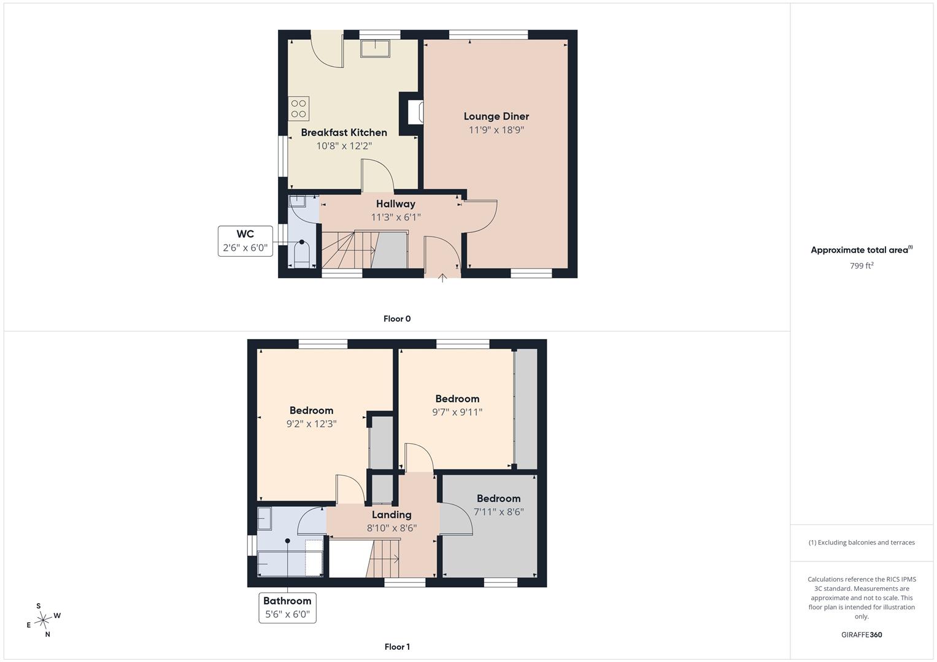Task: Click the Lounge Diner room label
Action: click(x=496, y=116)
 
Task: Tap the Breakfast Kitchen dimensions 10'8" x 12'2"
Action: click(x=344, y=146)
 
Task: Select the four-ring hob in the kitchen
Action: click(x=298, y=108)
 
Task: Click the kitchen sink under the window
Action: click(x=375, y=48)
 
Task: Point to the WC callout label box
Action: click(x=245, y=241)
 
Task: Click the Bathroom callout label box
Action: click(x=287, y=607)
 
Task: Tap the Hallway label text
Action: click(x=396, y=204)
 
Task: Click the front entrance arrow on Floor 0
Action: click(x=442, y=278)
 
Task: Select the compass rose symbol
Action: click(x=43, y=620)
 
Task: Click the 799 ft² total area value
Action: click(x=862, y=266)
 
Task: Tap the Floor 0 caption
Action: click(x=397, y=319)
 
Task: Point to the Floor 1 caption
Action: click(x=397, y=647)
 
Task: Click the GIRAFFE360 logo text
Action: click(x=862, y=634)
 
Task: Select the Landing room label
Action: click(x=391, y=514)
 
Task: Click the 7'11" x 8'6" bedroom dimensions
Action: click(x=499, y=512)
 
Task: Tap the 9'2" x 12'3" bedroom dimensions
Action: click(x=311, y=424)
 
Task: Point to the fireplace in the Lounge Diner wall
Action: click(x=415, y=112)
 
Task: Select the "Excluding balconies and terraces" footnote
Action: click(x=862, y=542)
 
